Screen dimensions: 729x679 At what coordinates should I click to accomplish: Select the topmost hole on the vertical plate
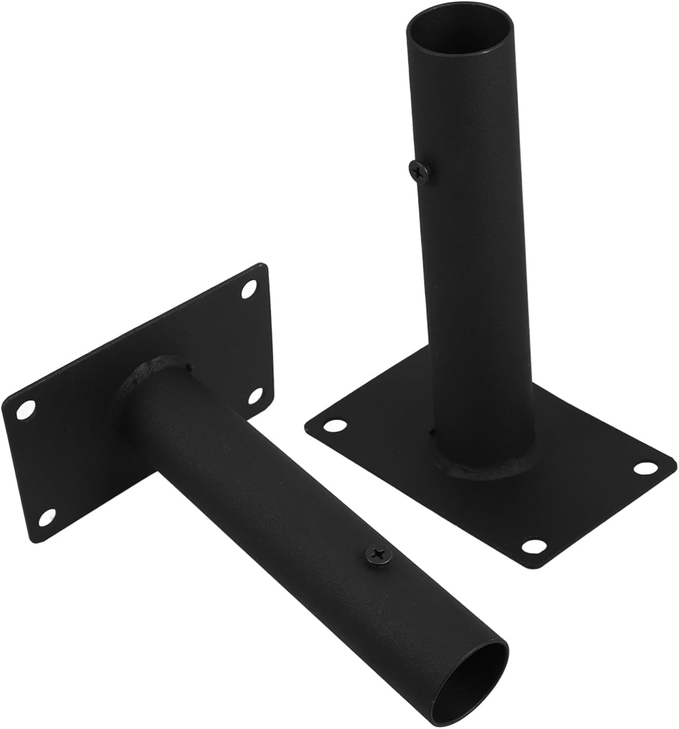249,289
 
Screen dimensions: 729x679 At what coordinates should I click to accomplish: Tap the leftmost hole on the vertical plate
26,409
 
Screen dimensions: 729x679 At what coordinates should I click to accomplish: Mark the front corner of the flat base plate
535,566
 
